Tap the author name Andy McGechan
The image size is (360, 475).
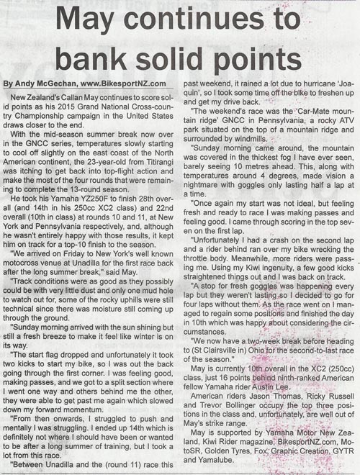tap(45, 82)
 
